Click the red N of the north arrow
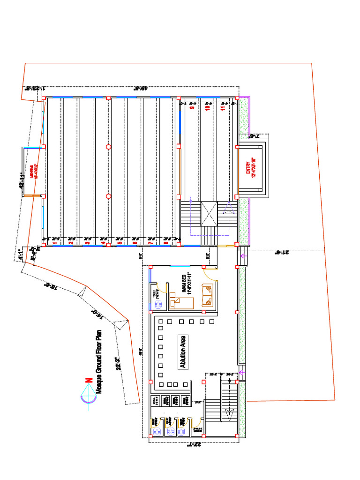click(88, 381)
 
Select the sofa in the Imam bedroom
click(207, 295)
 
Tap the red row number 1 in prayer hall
click(55, 243)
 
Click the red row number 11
click(223, 107)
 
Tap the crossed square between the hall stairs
click(209, 213)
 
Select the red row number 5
click(119, 243)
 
